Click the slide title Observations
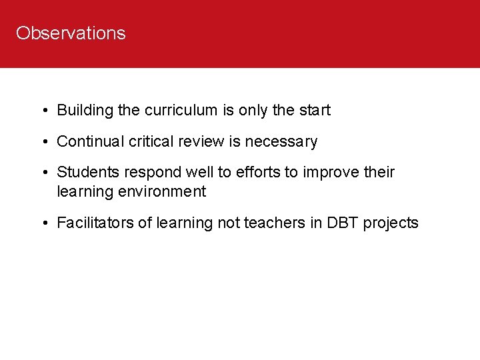coord(71,33)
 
